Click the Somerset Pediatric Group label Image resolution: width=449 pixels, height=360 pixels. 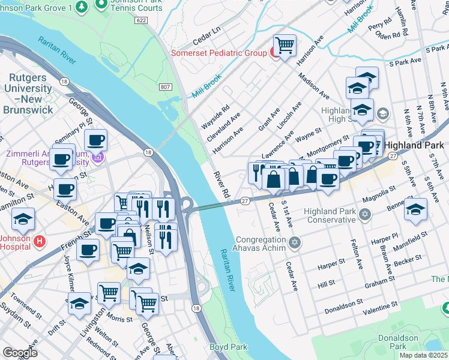click(x=218, y=53)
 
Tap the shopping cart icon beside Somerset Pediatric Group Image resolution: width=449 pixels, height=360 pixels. click(x=285, y=45)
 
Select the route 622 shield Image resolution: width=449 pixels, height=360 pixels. click(x=141, y=20)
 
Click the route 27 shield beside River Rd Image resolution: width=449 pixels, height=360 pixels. click(x=245, y=201)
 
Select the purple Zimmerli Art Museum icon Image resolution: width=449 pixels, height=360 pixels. click(x=98, y=158)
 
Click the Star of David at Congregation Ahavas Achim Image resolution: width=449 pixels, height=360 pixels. click(x=294, y=242)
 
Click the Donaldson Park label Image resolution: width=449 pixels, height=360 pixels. click(x=397, y=342)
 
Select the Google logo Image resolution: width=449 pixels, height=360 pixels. click(x=20, y=352)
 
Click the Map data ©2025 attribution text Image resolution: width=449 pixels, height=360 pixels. click(x=423, y=355)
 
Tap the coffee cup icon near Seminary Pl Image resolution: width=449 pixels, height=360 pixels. click(x=95, y=141)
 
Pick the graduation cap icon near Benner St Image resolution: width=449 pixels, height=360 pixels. click(x=415, y=209)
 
